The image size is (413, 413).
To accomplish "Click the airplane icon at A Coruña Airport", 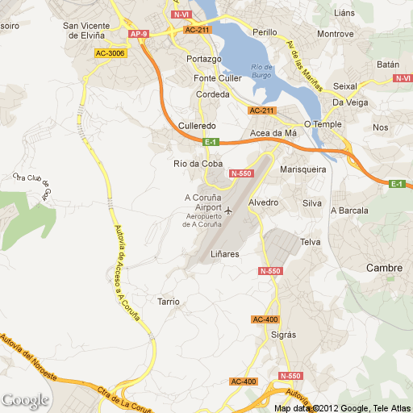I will (x=228, y=211).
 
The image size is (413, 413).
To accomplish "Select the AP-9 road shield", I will (x=138, y=34).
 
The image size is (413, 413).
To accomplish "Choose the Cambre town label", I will (x=384, y=268).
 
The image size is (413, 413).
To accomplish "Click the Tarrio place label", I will (x=169, y=302).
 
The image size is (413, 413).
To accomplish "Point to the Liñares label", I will (x=225, y=254).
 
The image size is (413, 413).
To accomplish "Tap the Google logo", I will (x=25, y=400).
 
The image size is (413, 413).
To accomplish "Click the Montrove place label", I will (x=336, y=34).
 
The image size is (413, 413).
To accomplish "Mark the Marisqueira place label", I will (x=302, y=170).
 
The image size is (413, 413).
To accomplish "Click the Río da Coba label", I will (x=198, y=164).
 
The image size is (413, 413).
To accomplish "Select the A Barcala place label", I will (x=349, y=211).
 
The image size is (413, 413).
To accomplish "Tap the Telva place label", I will (x=310, y=242).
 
